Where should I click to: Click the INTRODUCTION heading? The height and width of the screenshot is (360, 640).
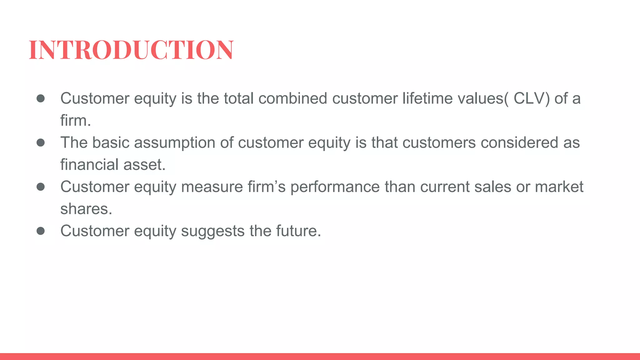pyautogui.click(x=131, y=50)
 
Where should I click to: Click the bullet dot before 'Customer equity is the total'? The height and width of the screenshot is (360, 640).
pyautogui.click(x=41, y=98)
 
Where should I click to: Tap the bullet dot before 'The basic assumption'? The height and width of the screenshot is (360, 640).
pyautogui.click(x=41, y=143)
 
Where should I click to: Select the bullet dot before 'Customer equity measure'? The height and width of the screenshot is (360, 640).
pyautogui.click(x=41, y=187)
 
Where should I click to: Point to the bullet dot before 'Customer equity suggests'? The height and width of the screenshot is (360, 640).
pyautogui.click(x=41, y=231)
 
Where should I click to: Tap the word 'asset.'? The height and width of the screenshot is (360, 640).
pyautogui.click(x=144, y=165)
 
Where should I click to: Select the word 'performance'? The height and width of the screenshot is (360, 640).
pyautogui.click(x=335, y=187)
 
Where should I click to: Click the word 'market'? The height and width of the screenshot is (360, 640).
pyautogui.click(x=559, y=187)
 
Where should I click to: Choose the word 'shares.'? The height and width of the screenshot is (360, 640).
pyautogui.click(x=86, y=209)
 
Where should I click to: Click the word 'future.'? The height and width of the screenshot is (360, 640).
pyautogui.click(x=298, y=231)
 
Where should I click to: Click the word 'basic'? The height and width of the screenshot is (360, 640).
pyautogui.click(x=111, y=143)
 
